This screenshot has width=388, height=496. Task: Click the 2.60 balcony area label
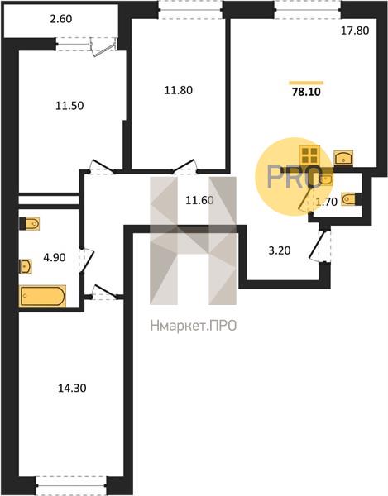(x=60, y=19)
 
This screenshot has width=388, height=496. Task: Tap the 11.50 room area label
(x=69, y=106)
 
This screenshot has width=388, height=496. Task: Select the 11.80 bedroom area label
(x=179, y=90)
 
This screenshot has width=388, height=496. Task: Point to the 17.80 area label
(x=355, y=31)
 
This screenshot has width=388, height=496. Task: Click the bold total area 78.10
(x=306, y=92)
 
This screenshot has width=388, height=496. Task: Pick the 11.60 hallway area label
(x=199, y=200)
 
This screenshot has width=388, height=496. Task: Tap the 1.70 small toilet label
(x=327, y=202)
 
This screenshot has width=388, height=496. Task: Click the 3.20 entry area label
(x=280, y=250)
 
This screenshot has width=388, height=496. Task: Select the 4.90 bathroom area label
(x=55, y=257)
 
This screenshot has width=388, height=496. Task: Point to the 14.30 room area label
(x=72, y=388)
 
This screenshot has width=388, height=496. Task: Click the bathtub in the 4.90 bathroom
(x=43, y=296)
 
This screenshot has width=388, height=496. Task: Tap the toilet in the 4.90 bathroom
(x=30, y=224)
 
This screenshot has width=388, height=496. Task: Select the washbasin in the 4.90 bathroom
(x=26, y=266)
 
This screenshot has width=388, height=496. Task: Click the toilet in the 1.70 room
(x=352, y=199)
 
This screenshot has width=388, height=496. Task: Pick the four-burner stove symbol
(x=309, y=155)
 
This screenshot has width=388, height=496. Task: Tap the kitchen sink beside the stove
(x=343, y=158)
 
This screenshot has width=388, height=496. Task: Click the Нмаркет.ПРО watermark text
(x=194, y=326)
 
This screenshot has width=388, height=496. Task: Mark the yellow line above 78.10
(x=306, y=83)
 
